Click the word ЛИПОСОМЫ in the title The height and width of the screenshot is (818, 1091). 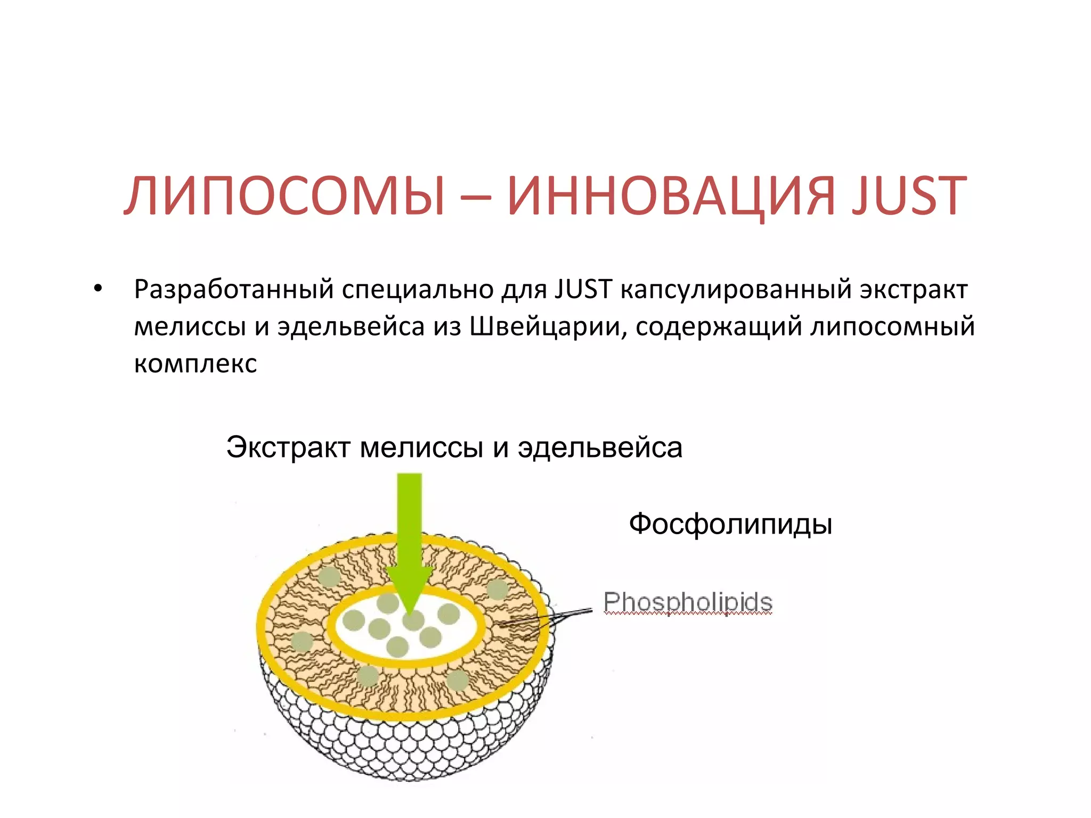(x=285, y=196)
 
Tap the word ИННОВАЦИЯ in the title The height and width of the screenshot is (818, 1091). (x=671, y=196)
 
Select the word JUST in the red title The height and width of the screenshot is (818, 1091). (x=908, y=196)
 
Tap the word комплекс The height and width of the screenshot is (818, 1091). (x=196, y=363)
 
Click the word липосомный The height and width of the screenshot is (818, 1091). (x=892, y=326)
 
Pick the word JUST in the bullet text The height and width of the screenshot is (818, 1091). (x=583, y=289)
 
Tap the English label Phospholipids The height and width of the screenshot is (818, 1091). (x=688, y=602)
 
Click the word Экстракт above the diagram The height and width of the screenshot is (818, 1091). (x=288, y=447)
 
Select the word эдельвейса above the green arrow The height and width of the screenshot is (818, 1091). (x=600, y=447)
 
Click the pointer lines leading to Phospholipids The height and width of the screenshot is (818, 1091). (x=570, y=615)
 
